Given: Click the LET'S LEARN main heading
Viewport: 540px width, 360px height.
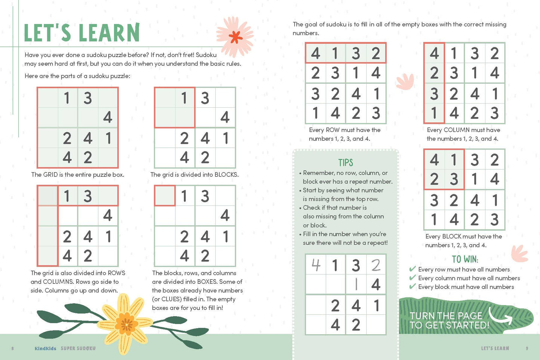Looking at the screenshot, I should pyautogui.click(x=81, y=33).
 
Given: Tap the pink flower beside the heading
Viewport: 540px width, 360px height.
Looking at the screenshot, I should pyautogui.click(x=235, y=37).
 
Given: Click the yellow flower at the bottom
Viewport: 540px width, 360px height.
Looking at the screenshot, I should pyautogui.click(x=126, y=323).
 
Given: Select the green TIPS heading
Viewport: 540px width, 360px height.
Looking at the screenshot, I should pyautogui.click(x=345, y=163).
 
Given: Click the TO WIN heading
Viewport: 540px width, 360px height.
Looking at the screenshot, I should pyautogui.click(x=465, y=259).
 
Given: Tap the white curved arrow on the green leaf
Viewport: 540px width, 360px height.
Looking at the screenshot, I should pyautogui.click(x=500, y=316).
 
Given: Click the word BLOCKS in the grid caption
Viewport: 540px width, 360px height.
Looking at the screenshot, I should pyautogui.click(x=226, y=175).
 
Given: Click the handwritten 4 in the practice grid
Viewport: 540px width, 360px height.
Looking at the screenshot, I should pyautogui.click(x=316, y=265).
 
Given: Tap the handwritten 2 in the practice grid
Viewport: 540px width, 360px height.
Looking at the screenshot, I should pyautogui.click(x=376, y=265).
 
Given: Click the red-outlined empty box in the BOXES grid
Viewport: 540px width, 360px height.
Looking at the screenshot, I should pyautogui.click(x=165, y=196).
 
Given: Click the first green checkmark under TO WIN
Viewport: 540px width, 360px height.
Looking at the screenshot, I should pyautogui.click(x=413, y=269).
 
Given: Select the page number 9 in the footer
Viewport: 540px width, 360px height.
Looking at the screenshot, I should pyautogui.click(x=527, y=348).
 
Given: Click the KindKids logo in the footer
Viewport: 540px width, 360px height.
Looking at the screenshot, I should pyautogui.click(x=45, y=348).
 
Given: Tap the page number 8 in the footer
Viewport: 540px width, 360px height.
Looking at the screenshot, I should pyautogui.click(x=13, y=348).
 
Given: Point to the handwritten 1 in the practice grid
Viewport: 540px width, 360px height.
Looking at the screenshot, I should pyautogui.click(x=356, y=285).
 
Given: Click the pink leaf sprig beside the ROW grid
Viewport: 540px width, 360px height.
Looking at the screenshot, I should pyautogui.click(x=405, y=81).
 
